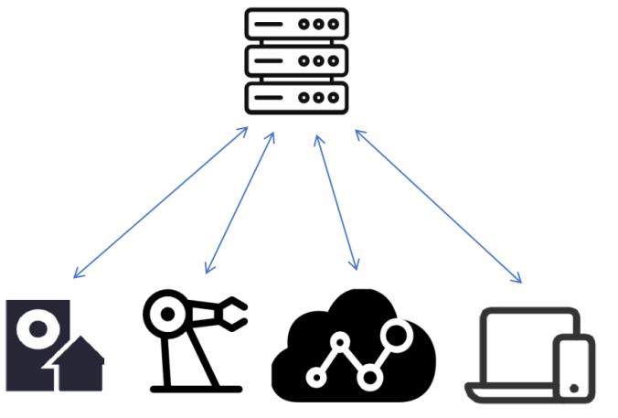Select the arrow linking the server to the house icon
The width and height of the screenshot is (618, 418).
coord(161,202)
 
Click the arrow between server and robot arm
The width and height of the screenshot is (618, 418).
coord(240,202)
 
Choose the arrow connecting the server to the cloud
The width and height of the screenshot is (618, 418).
coord(336,202)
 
